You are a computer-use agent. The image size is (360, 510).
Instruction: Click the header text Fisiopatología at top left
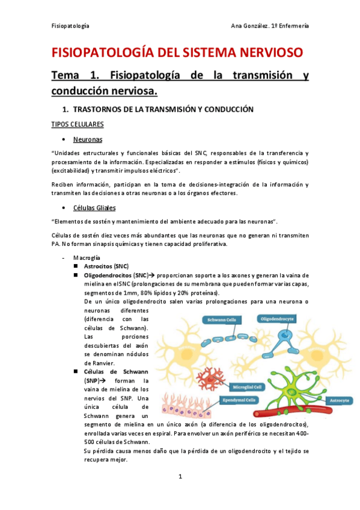[71, 26]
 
